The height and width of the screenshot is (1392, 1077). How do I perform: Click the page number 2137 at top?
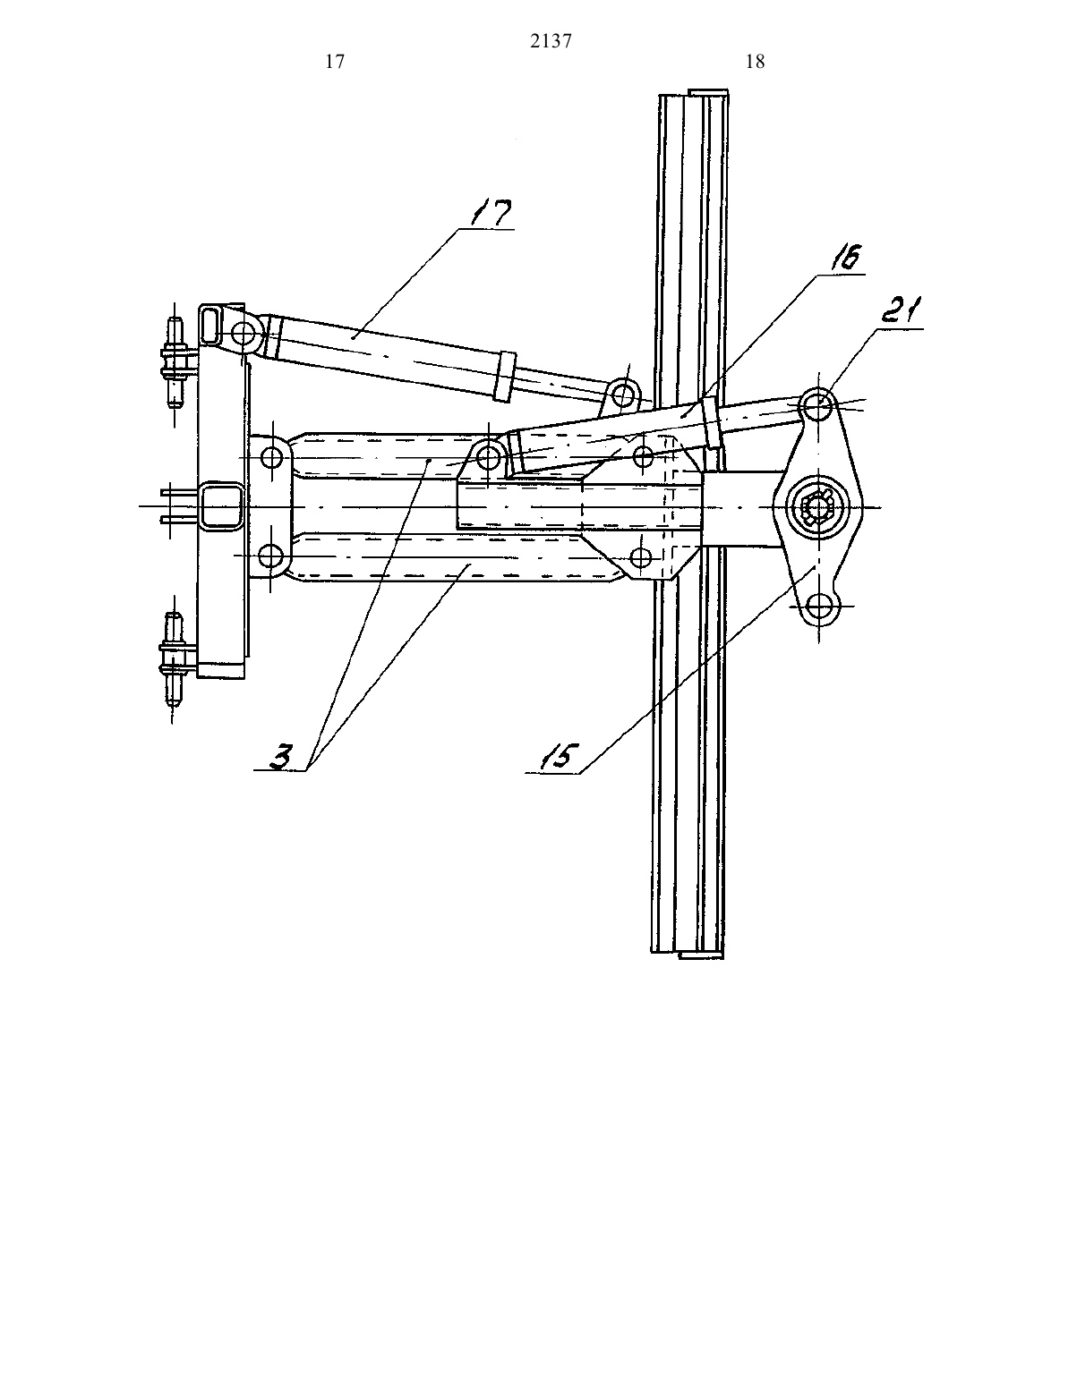coord(551,41)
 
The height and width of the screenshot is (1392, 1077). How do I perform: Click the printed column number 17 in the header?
coord(336,62)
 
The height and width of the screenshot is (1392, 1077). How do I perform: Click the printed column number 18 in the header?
coord(756,62)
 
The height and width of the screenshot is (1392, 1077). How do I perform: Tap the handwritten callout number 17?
coord(491,214)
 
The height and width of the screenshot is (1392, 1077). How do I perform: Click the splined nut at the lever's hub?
coord(818,507)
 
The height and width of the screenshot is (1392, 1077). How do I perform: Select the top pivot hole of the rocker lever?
coord(818,405)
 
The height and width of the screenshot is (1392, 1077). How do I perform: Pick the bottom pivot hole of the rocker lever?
coord(818,605)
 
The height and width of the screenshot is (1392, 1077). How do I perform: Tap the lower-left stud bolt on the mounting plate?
coord(173,659)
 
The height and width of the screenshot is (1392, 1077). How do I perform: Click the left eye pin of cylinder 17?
coord(244,333)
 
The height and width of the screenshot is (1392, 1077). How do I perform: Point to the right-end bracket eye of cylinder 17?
coord(620,394)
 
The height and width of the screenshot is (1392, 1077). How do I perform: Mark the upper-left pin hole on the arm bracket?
coord(272,458)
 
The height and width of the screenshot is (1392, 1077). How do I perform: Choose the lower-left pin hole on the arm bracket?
coord(271,555)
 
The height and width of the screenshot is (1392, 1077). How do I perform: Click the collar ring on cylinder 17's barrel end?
coord(503,377)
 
